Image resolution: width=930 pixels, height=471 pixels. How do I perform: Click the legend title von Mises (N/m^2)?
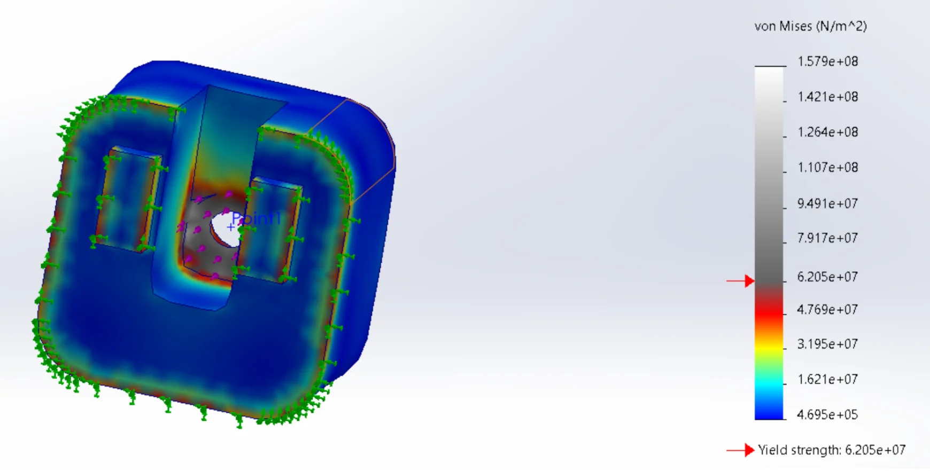click(x=810, y=26)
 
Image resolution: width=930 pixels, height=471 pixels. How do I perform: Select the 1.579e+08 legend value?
click(x=827, y=61)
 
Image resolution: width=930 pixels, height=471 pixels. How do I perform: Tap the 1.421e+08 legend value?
click(x=827, y=97)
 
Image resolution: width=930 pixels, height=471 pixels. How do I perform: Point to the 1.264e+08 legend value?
click(x=827, y=132)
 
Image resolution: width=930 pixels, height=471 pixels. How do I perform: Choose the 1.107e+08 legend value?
click(x=827, y=167)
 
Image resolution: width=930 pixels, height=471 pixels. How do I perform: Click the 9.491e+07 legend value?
click(x=827, y=203)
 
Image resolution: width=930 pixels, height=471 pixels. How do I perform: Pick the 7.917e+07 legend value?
click(x=827, y=238)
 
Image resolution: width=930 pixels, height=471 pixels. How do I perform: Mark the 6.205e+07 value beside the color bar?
click(x=827, y=277)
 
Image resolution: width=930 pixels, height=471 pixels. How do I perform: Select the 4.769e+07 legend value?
click(x=827, y=310)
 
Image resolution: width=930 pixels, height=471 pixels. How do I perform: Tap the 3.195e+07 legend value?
click(x=827, y=344)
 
